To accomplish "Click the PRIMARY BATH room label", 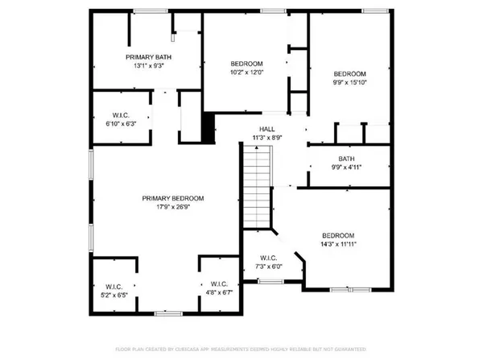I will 147,57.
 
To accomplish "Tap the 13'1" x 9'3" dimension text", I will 147,66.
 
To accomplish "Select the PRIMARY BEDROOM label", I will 173,198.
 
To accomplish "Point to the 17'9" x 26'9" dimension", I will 173,207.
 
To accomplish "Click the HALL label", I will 266,129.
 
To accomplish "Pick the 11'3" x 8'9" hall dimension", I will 266,138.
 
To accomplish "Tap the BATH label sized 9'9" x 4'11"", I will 346,159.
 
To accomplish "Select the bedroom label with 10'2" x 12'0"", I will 247,64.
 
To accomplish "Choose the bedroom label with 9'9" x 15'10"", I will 350,72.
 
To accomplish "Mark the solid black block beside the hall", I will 208,127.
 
